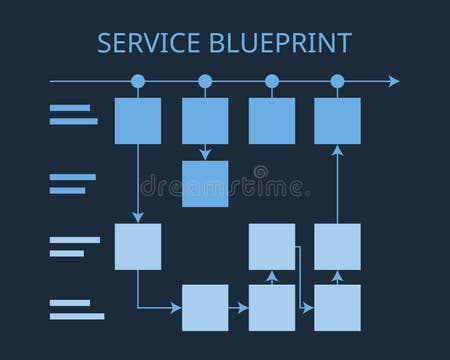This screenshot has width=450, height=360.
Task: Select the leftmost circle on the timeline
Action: point(138,81)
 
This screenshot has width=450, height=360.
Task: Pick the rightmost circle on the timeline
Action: point(337,81)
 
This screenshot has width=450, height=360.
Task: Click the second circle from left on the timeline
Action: point(205,81)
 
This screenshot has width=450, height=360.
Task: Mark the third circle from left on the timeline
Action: point(271,81)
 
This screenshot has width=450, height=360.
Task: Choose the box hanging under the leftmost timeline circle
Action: point(138,121)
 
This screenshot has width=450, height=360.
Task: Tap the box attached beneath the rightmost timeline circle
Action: point(337,121)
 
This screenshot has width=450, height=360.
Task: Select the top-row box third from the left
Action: point(271,121)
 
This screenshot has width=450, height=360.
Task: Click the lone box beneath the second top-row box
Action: point(205,183)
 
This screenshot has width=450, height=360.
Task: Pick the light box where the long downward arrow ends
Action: point(138,246)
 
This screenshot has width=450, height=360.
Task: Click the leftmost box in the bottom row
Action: point(205,307)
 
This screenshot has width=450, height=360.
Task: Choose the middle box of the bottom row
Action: point(271,307)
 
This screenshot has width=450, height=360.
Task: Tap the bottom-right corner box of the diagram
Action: point(337,307)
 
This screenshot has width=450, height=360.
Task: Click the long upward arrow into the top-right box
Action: point(337,184)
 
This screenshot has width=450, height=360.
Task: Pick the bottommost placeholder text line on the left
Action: point(77,316)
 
